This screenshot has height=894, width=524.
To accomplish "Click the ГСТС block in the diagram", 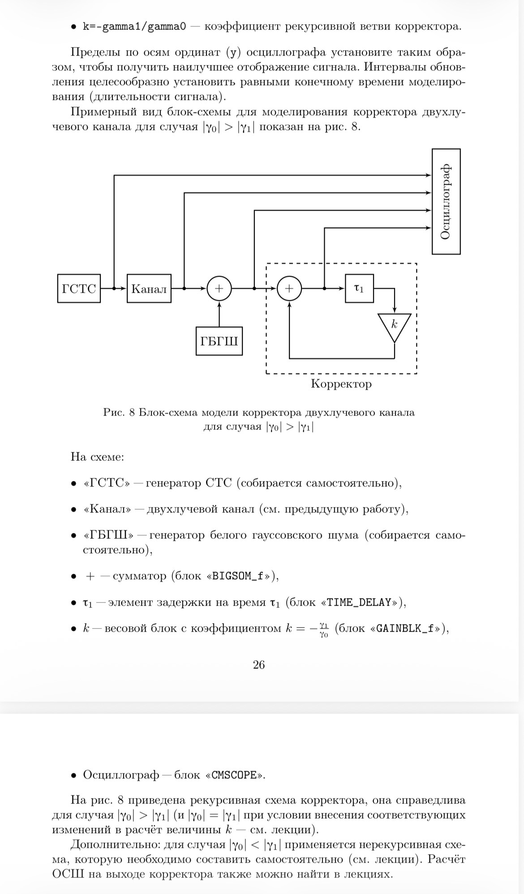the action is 79,289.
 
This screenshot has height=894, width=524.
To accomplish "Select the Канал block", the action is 149,289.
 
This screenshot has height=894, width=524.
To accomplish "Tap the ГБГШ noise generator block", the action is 219,341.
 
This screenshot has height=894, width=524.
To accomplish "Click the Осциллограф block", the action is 446,202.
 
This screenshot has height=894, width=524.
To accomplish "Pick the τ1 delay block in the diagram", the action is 359,289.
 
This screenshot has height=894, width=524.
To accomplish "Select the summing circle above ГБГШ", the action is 219,289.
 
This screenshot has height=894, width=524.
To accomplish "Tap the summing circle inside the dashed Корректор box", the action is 289,289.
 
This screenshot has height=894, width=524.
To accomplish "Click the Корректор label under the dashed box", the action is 341,384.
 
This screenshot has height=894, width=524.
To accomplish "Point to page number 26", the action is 259,664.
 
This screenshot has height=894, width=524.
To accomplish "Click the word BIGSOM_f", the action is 237,576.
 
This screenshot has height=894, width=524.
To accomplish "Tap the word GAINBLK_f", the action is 405,628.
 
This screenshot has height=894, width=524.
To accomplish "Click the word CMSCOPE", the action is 234,775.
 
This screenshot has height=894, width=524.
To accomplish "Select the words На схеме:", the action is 97,457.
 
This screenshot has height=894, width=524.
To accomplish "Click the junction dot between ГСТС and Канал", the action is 114,289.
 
